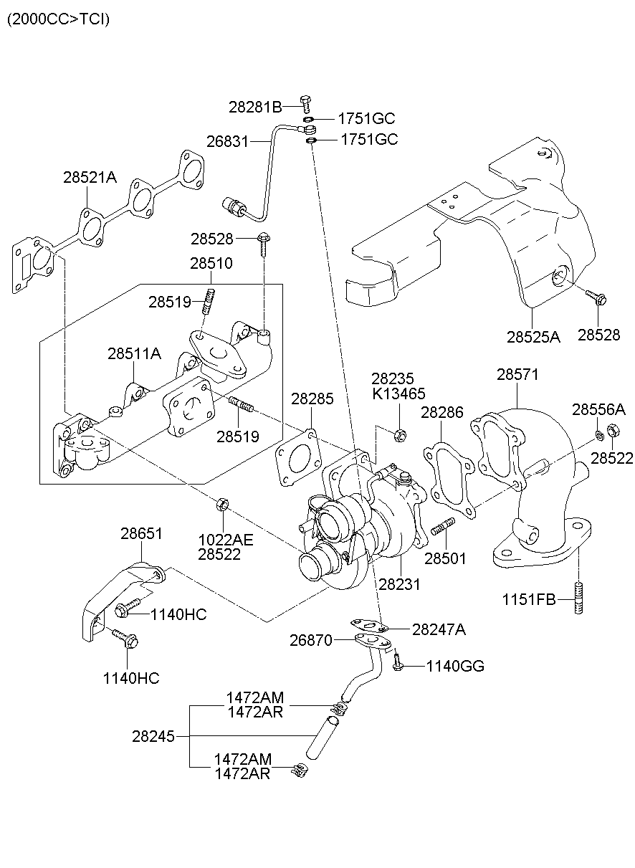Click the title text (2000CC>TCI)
pos(59,19)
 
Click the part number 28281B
pos(255,107)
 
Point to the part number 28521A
pos(89,177)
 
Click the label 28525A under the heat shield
pos(533,335)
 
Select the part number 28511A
pos(135,353)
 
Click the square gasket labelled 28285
pos(297,458)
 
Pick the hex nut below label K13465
pos(401,433)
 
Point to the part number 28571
pos(517,374)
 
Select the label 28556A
pos(598,409)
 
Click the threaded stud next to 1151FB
pos(578,599)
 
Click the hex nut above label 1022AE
pos(222,505)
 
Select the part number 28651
pos(141,533)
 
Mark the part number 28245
pos(153,735)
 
